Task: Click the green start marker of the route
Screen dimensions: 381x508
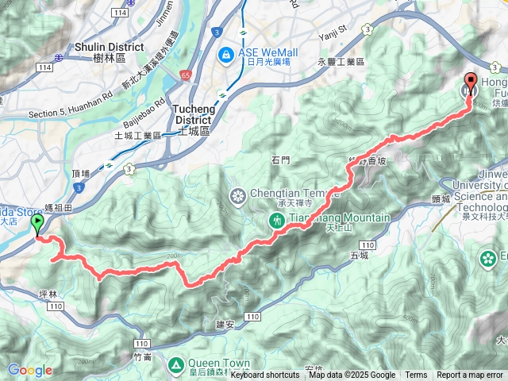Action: [37, 225]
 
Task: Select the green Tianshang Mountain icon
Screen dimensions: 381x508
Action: [277, 219]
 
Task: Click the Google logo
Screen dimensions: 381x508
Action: [30, 370]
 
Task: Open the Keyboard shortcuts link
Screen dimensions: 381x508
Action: [265, 375]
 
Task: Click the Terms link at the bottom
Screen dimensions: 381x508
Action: [416, 375]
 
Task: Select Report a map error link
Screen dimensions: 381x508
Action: [471, 375]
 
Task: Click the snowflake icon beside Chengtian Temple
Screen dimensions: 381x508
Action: [237, 195]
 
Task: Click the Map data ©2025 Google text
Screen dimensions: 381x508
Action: [352, 375]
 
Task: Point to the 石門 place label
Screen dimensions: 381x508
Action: [281, 160]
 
